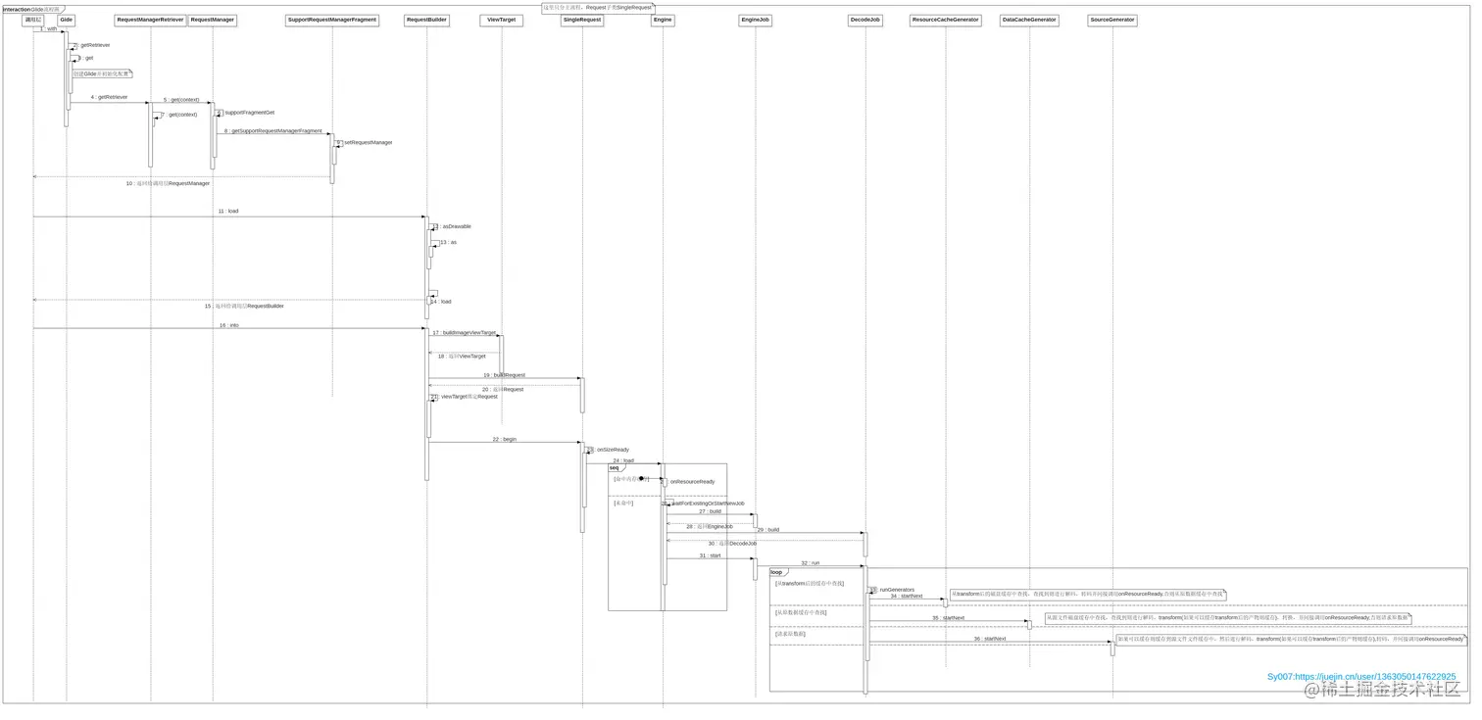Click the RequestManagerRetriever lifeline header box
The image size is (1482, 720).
point(150,20)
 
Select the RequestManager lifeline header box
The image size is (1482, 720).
point(212,20)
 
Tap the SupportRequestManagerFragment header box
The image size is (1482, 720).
point(332,20)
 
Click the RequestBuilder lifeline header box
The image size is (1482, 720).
point(426,20)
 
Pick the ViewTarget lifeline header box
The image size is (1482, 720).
point(501,20)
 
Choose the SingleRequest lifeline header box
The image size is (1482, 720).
point(582,20)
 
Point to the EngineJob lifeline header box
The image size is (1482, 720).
point(755,20)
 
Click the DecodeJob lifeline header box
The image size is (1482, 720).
point(865,20)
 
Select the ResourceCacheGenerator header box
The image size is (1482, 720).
point(945,20)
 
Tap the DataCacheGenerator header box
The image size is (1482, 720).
point(1029,20)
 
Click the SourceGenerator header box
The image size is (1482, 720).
point(1112,20)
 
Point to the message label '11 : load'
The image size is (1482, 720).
point(228,211)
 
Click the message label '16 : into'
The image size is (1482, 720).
point(229,324)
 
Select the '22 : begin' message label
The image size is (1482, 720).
point(505,439)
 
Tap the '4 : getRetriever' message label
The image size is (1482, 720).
point(109,97)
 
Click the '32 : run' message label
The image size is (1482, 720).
point(810,563)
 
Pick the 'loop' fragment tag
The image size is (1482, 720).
point(777,572)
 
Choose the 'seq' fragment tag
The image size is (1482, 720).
point(615,467)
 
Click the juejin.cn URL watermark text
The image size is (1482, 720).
point(1361,676)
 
